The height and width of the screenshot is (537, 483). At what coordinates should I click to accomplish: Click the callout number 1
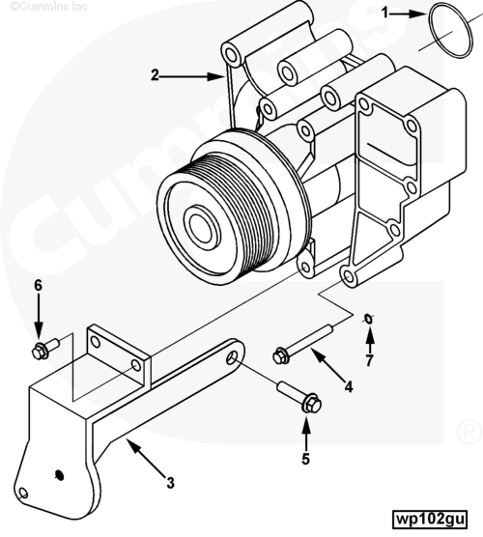click(x=385, y=14)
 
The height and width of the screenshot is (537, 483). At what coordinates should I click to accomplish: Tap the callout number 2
click(x=156, y=75)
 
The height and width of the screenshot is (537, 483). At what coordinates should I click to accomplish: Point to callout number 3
click(x=170, y=483)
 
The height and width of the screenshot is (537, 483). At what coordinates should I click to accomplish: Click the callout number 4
click(x=349, y=387)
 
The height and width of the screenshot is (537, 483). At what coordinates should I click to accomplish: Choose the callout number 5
click(x=305, y=459)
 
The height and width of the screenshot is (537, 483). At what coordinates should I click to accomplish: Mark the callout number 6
click(x=38, y=285)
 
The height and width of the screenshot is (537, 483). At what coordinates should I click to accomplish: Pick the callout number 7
click(x=369, y=360)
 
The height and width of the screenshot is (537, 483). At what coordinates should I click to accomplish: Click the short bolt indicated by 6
click(x=45, y=349)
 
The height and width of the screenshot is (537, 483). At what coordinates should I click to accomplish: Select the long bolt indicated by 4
click(x=302, y=344)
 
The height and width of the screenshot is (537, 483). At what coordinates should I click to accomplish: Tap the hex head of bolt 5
click(x=311, y=405)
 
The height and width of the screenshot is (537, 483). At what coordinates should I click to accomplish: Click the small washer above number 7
click(x=368, y=319)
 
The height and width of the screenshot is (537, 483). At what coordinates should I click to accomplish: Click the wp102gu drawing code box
click(x=431, y=519)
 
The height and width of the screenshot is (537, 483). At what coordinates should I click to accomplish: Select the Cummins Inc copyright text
click(x=48, y=6)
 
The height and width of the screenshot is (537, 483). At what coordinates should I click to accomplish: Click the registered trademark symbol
click(x=469, y=432)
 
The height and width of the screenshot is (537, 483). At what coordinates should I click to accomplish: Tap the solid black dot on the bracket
click(x=59, y=475)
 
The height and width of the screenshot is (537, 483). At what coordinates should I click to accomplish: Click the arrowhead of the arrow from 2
click(x=215, y=76)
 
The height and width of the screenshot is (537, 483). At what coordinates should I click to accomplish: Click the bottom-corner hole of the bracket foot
click(x=23, y=494)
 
